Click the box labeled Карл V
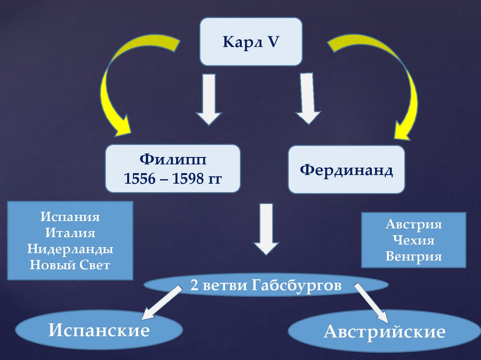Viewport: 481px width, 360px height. (x=251, y=41)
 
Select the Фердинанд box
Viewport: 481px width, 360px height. (x=346, y=169)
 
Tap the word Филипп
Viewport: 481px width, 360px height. (x=172, y=161)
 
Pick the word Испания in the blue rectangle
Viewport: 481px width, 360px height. (x=70, y=218)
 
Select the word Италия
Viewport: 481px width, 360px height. (x=70, y=233)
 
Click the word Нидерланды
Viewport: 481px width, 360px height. (x=70, y=249)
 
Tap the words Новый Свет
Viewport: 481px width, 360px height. (x=70, y=265)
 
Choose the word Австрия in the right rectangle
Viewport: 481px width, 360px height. (x=414, y=224)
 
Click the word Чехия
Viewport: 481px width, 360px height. (x=414, y=240)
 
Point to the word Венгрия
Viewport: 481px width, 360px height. (x=414, y=257)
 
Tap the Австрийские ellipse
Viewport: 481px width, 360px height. (x=384, y=332)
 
